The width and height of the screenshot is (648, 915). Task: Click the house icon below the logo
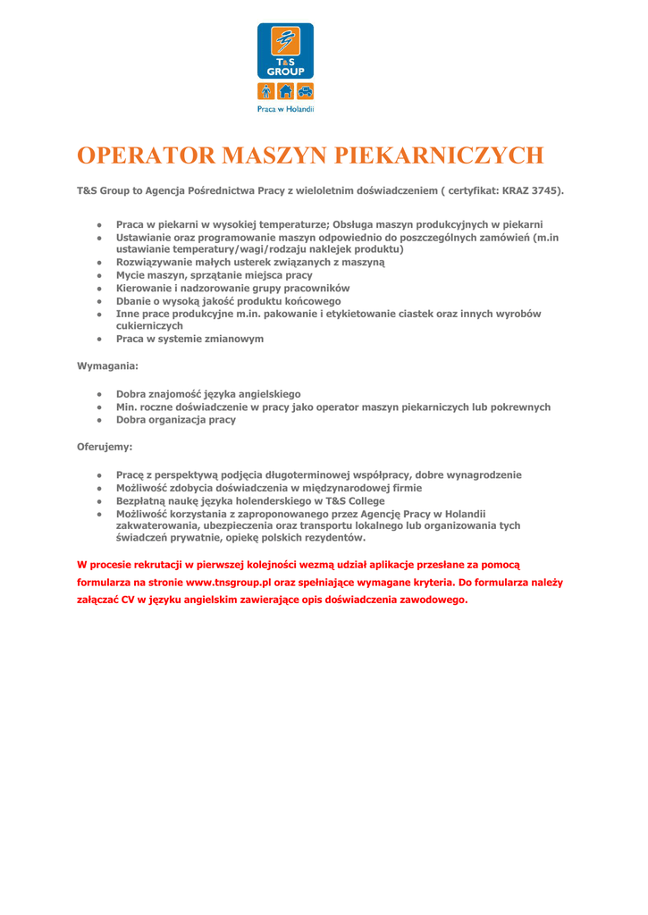[x=286, y=90]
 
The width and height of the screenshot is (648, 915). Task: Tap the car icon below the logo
[x=305, y=90]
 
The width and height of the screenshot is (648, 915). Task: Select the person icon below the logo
[x=266, y=90]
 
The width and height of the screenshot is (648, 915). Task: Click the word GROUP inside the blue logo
[x=286, y=71]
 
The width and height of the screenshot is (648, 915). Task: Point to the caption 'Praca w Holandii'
[x=286, y=109]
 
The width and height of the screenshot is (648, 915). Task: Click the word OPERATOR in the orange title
[x=146, y=155]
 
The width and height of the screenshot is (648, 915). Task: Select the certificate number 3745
[x=546, y=191]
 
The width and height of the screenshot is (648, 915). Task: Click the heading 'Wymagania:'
[x=107, y=366]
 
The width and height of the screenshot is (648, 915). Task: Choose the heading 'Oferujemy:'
[x=105, y=447]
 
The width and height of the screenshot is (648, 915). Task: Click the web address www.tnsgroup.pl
[x=229, y=582]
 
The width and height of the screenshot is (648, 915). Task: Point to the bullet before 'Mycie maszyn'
[x=100, y=276]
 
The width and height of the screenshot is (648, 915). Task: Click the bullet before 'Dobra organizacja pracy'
[x=100, y=420]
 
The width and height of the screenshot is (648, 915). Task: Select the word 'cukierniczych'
[x=149, y=326]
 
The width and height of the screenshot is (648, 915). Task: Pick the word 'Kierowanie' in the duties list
[x=144, y=289]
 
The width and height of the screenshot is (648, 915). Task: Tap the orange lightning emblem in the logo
[x=286, y=41]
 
